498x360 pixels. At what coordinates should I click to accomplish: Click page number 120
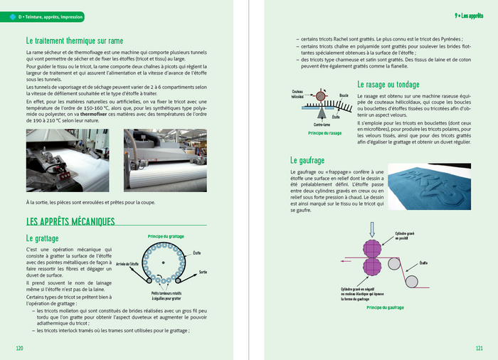pos(20,348)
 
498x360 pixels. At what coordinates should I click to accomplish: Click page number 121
pos(480,348)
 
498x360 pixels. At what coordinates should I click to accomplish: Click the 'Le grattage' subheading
pos(42,238)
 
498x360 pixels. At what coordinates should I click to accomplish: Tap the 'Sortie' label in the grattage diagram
pos(203,272)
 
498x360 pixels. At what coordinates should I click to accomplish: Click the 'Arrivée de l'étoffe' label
pos(129,263)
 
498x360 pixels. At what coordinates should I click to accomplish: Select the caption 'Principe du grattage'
pos(165,235)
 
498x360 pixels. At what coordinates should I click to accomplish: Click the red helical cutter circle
pos(321,95)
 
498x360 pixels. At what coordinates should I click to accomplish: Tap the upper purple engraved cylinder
pos(371,249)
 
